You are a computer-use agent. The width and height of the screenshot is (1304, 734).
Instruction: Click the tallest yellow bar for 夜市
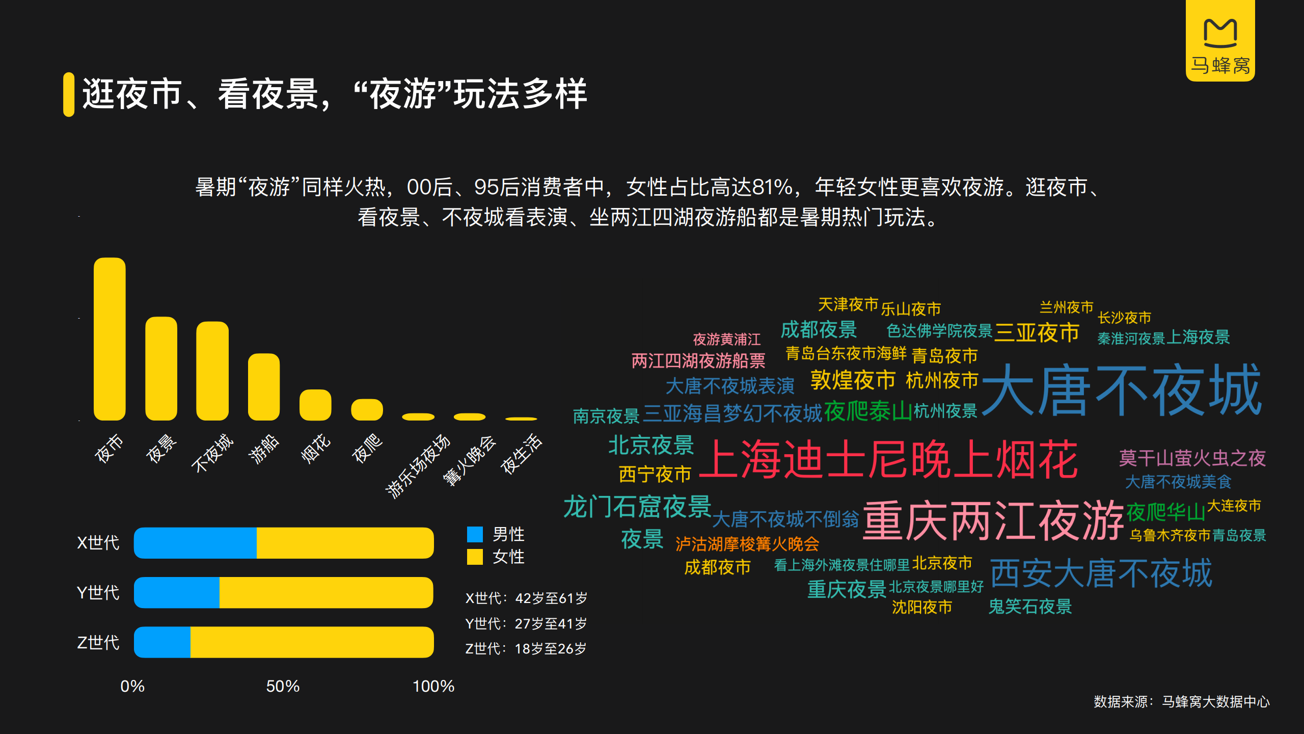click(x=110, y=339)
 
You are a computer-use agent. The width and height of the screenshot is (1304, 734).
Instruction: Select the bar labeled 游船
click(x=264, y=387)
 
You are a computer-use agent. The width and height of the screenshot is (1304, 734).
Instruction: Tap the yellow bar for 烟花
click(x=315, y=405)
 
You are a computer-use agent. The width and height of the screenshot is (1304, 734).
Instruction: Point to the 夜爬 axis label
click(x=367, y=448)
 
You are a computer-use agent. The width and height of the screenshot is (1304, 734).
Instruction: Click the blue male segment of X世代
click(x=195, y=543)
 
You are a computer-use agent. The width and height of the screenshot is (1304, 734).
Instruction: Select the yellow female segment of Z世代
click(x=312, y=642)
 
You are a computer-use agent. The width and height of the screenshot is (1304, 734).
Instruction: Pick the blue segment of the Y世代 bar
click(x=177, y=592)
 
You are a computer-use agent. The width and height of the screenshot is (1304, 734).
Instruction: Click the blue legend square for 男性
click(x=475, y=534)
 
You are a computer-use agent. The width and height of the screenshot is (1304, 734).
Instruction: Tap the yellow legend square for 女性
click(x=475, y=557)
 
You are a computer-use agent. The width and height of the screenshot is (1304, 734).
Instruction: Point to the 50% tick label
click(x=283, y=686)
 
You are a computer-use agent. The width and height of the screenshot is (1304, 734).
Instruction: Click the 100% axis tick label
click(x=433, y=686)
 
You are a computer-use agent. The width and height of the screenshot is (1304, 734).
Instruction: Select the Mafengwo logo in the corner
click(x=1220, y=41)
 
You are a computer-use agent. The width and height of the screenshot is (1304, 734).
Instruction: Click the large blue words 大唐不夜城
click(x=1122, y=390)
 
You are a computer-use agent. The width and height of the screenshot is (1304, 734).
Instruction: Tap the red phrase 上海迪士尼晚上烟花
click(x=889, y=459)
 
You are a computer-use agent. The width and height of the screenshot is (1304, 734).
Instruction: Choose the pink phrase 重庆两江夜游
click(x=993, y=520)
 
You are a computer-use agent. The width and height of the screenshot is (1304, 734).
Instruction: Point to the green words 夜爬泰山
click(x=867, y=411)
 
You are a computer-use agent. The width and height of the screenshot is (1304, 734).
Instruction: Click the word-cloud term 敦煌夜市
click(x=853, y=380)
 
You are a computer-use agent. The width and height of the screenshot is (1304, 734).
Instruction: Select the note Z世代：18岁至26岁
click(x=526, y=648)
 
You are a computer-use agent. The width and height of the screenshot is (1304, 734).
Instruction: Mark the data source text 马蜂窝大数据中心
click(x=1216, y=702)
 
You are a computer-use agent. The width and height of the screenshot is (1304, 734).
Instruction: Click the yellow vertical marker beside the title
click(x=69, y=95)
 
